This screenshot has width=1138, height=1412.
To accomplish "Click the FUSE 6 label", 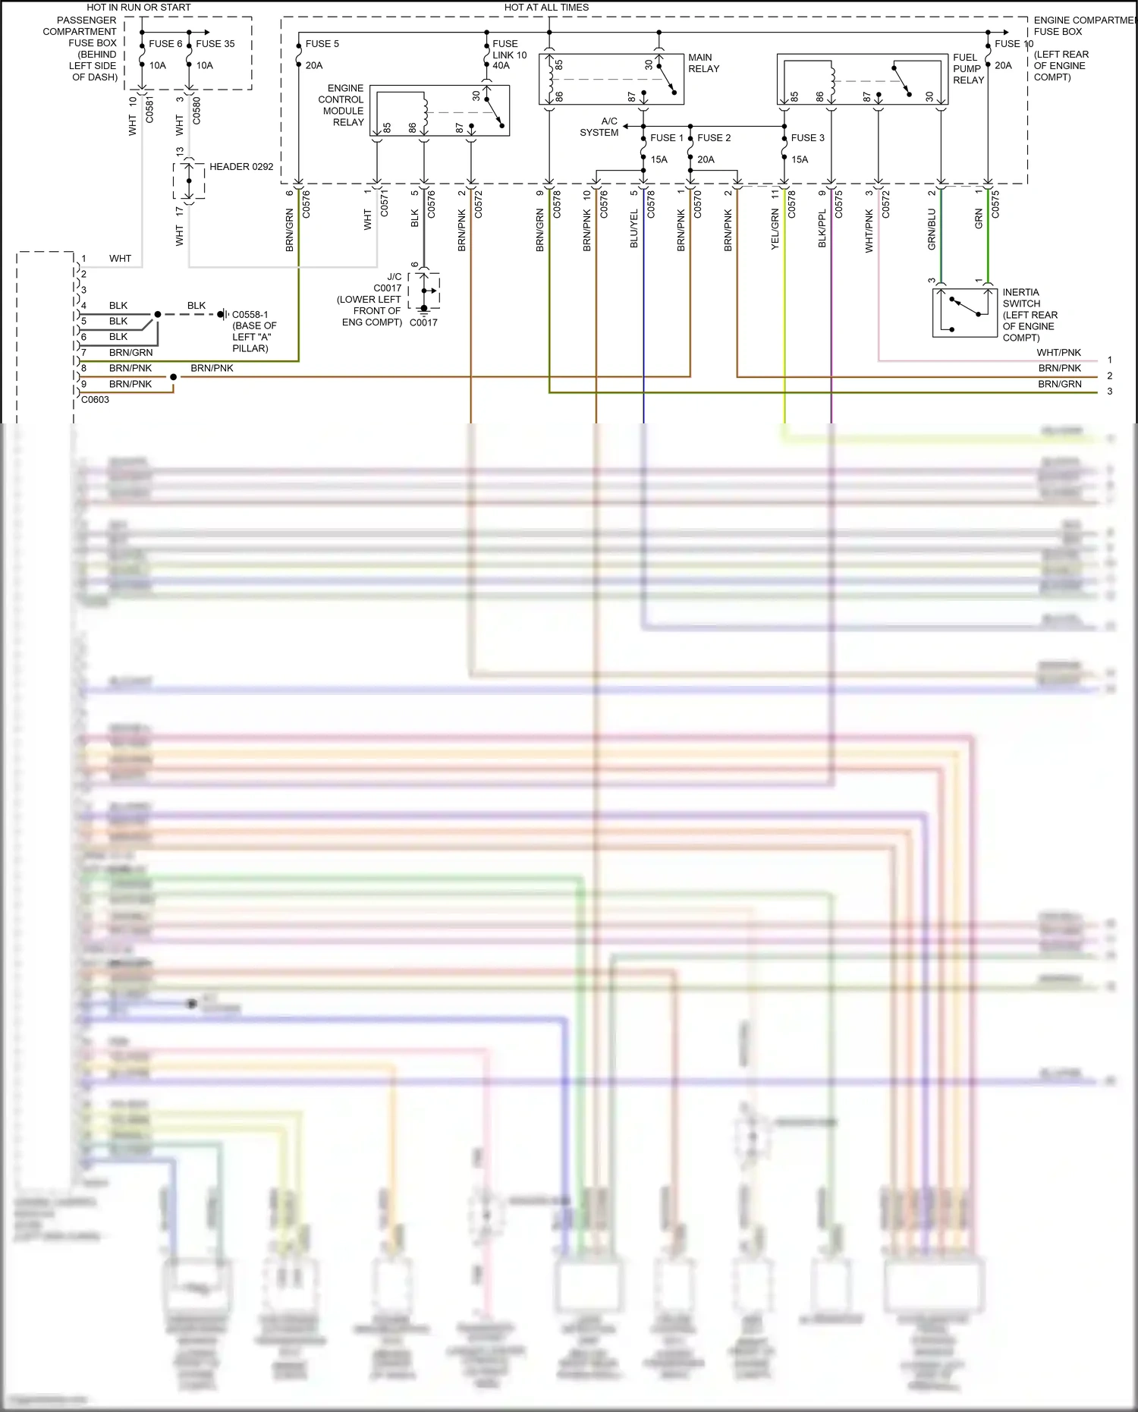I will (165, 44).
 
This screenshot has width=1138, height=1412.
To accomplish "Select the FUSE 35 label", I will (215, 44).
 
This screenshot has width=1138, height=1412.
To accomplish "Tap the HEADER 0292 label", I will (241, 167).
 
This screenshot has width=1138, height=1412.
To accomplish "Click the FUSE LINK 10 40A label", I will (509, 55).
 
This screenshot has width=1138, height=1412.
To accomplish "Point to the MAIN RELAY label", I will (703, 63).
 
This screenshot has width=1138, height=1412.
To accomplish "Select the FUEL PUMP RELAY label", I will (968, 68).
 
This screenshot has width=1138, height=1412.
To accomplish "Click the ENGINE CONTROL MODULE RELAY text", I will (342, 105).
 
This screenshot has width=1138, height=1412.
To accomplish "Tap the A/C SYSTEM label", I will (600, 127).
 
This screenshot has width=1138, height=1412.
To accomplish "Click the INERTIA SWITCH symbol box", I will (964, 312).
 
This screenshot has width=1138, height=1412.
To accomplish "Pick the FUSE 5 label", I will (322, 44).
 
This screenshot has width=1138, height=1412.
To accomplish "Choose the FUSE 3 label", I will (807, 138).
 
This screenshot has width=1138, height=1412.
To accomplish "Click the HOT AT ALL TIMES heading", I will (546, 8).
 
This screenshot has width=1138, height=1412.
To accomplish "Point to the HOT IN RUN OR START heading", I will (139, 8).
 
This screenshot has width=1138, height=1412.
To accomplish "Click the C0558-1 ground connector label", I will (250, 315).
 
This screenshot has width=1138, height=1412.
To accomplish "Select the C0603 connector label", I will (96, 400).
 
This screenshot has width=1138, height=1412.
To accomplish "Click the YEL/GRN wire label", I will (775, 230).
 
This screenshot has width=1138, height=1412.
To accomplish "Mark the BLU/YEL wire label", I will (634, 229).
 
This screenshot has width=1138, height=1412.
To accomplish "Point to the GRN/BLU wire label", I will (932, 230).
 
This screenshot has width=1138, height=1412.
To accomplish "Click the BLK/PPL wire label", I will (822, 229).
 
